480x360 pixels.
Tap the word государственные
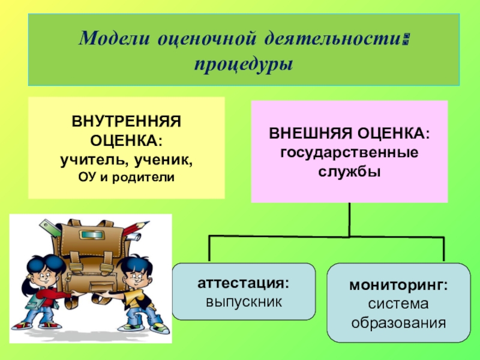coord(349,151)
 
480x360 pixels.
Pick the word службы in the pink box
coord(349,171)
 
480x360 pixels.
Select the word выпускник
coord(243,300)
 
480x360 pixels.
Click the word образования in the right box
coord(398,324)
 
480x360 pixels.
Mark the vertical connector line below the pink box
coord(349,219)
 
